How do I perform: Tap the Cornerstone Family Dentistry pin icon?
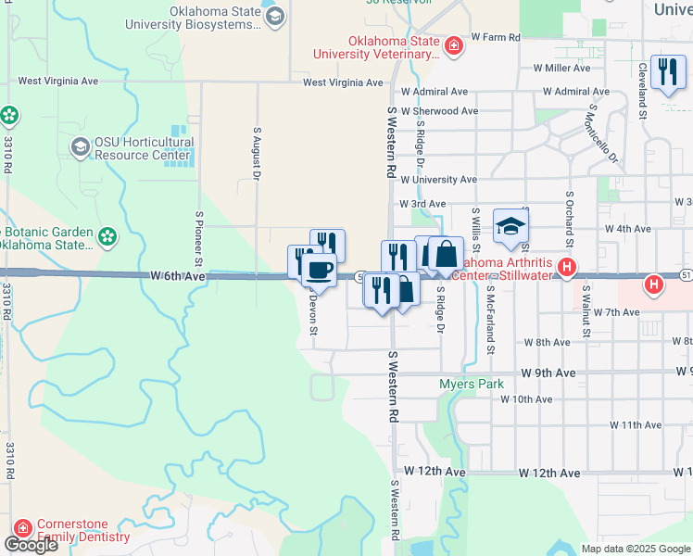22,529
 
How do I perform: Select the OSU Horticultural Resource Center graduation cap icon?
80,147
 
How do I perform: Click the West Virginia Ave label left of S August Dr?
57,82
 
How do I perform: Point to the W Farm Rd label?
496,38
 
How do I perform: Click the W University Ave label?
437,180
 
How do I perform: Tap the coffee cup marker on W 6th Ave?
319,270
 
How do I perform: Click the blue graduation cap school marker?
510,226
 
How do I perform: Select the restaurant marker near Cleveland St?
666,72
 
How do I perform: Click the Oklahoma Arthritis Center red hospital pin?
567,268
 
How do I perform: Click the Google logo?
30,545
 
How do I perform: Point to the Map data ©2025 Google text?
635,549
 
